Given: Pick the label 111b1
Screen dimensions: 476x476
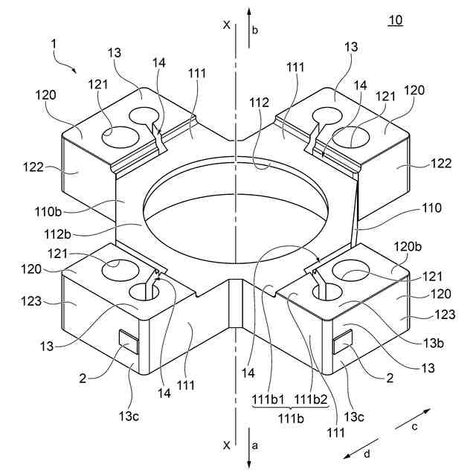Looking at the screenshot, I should coord(264,402).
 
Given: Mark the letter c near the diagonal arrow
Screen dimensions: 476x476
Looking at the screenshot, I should coord(416,426).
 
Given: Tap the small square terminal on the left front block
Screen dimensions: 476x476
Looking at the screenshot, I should coord(128,342).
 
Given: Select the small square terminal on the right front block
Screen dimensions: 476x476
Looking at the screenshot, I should coord(343,342).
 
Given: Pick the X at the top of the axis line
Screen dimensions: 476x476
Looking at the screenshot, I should coord(226,25).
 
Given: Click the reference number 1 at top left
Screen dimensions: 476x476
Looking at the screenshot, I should coord(53,45).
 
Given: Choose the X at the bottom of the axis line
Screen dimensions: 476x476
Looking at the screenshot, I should coord(226,445).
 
